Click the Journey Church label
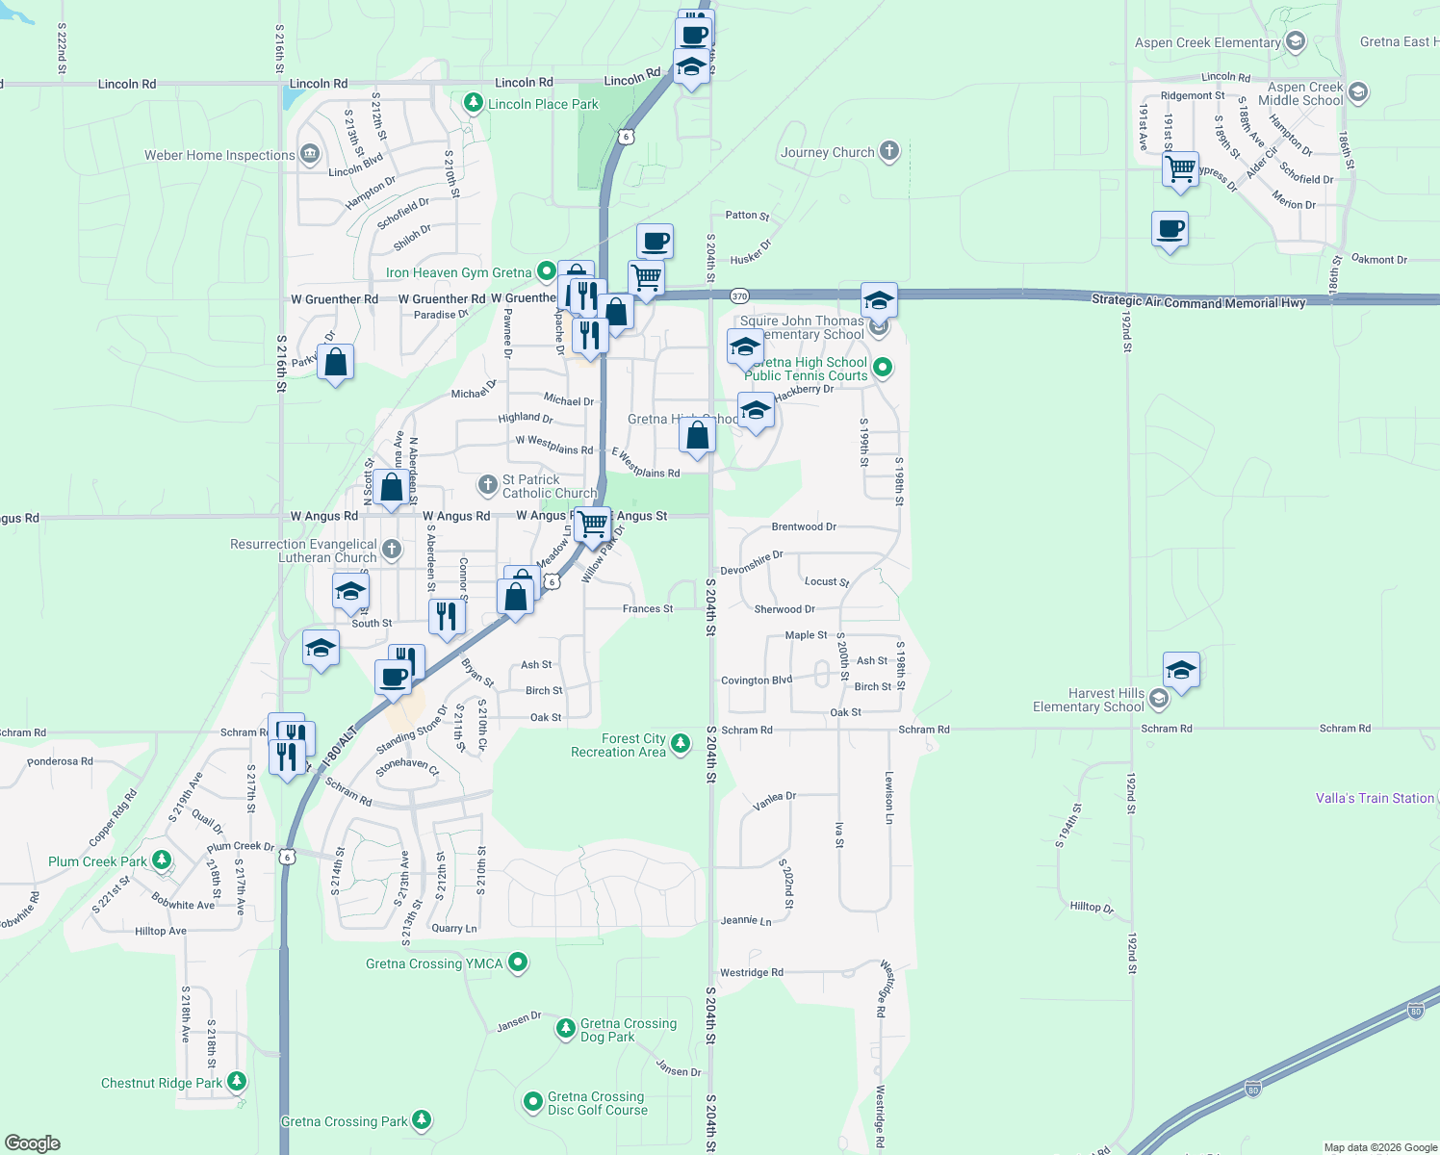(827, 152)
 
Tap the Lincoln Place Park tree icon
(473, 102)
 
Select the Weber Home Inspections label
(219, 155)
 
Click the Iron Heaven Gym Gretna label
(458, 272)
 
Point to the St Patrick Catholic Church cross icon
(488, 484)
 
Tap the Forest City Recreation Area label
(618, 745)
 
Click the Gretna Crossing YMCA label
(434, 963)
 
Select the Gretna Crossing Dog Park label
(628, 1030)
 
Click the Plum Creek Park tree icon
(162, 860)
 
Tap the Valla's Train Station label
(1375, 798)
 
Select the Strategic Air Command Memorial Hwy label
(1198, 301)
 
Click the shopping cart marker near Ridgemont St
(1180, 169)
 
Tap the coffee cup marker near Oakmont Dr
(1170, 230)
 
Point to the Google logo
(32, 1142)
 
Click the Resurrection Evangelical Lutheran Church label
(303, 551)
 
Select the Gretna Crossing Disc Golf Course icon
(533, 1101)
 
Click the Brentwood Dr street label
(804, 526)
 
